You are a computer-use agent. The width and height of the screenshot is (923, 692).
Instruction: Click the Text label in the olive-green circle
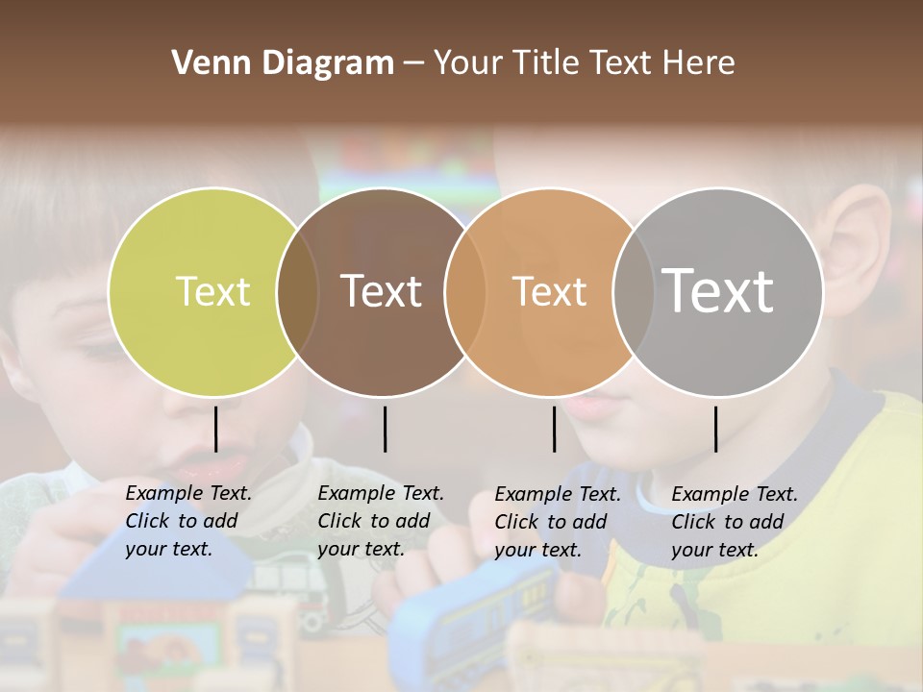pyautogui.click(x=212, y=291)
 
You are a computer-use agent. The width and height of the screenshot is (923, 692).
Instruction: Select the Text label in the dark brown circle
pyautogui.click(x=382, y=291)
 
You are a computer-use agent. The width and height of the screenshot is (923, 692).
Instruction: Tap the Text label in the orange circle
pyautogui.click(x=549, y=291)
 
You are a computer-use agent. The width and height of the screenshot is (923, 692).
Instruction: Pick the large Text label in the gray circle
pyautogui.click(x=718, y=290)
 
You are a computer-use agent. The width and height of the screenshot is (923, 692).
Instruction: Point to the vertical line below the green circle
pyautogui.click(x=215, y=429)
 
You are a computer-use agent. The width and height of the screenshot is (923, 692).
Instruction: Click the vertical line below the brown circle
pyautogui.click(x=385, y=429)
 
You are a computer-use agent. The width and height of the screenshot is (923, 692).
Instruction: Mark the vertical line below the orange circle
pyautogui.click(x=554, y=429)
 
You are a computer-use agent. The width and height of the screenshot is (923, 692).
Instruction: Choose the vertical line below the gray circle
pyautogui.click(x=715, y=429)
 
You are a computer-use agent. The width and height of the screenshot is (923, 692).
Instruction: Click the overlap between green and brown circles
pyautogui.click(x=297, y=292)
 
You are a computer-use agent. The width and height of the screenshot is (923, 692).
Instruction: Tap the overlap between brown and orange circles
pyautogui.click(x=464, y=292)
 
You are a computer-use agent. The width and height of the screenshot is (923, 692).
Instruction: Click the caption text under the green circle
pyautogui.click(x=188, y=521)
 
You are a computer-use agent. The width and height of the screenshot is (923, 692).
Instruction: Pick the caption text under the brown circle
pyautogui.click(x=381, y=521)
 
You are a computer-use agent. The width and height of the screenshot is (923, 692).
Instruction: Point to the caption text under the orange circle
pyautogui.click(x=558, y=522)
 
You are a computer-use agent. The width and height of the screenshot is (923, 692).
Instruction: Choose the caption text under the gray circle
pyautogui.click(x=735, y=522)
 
